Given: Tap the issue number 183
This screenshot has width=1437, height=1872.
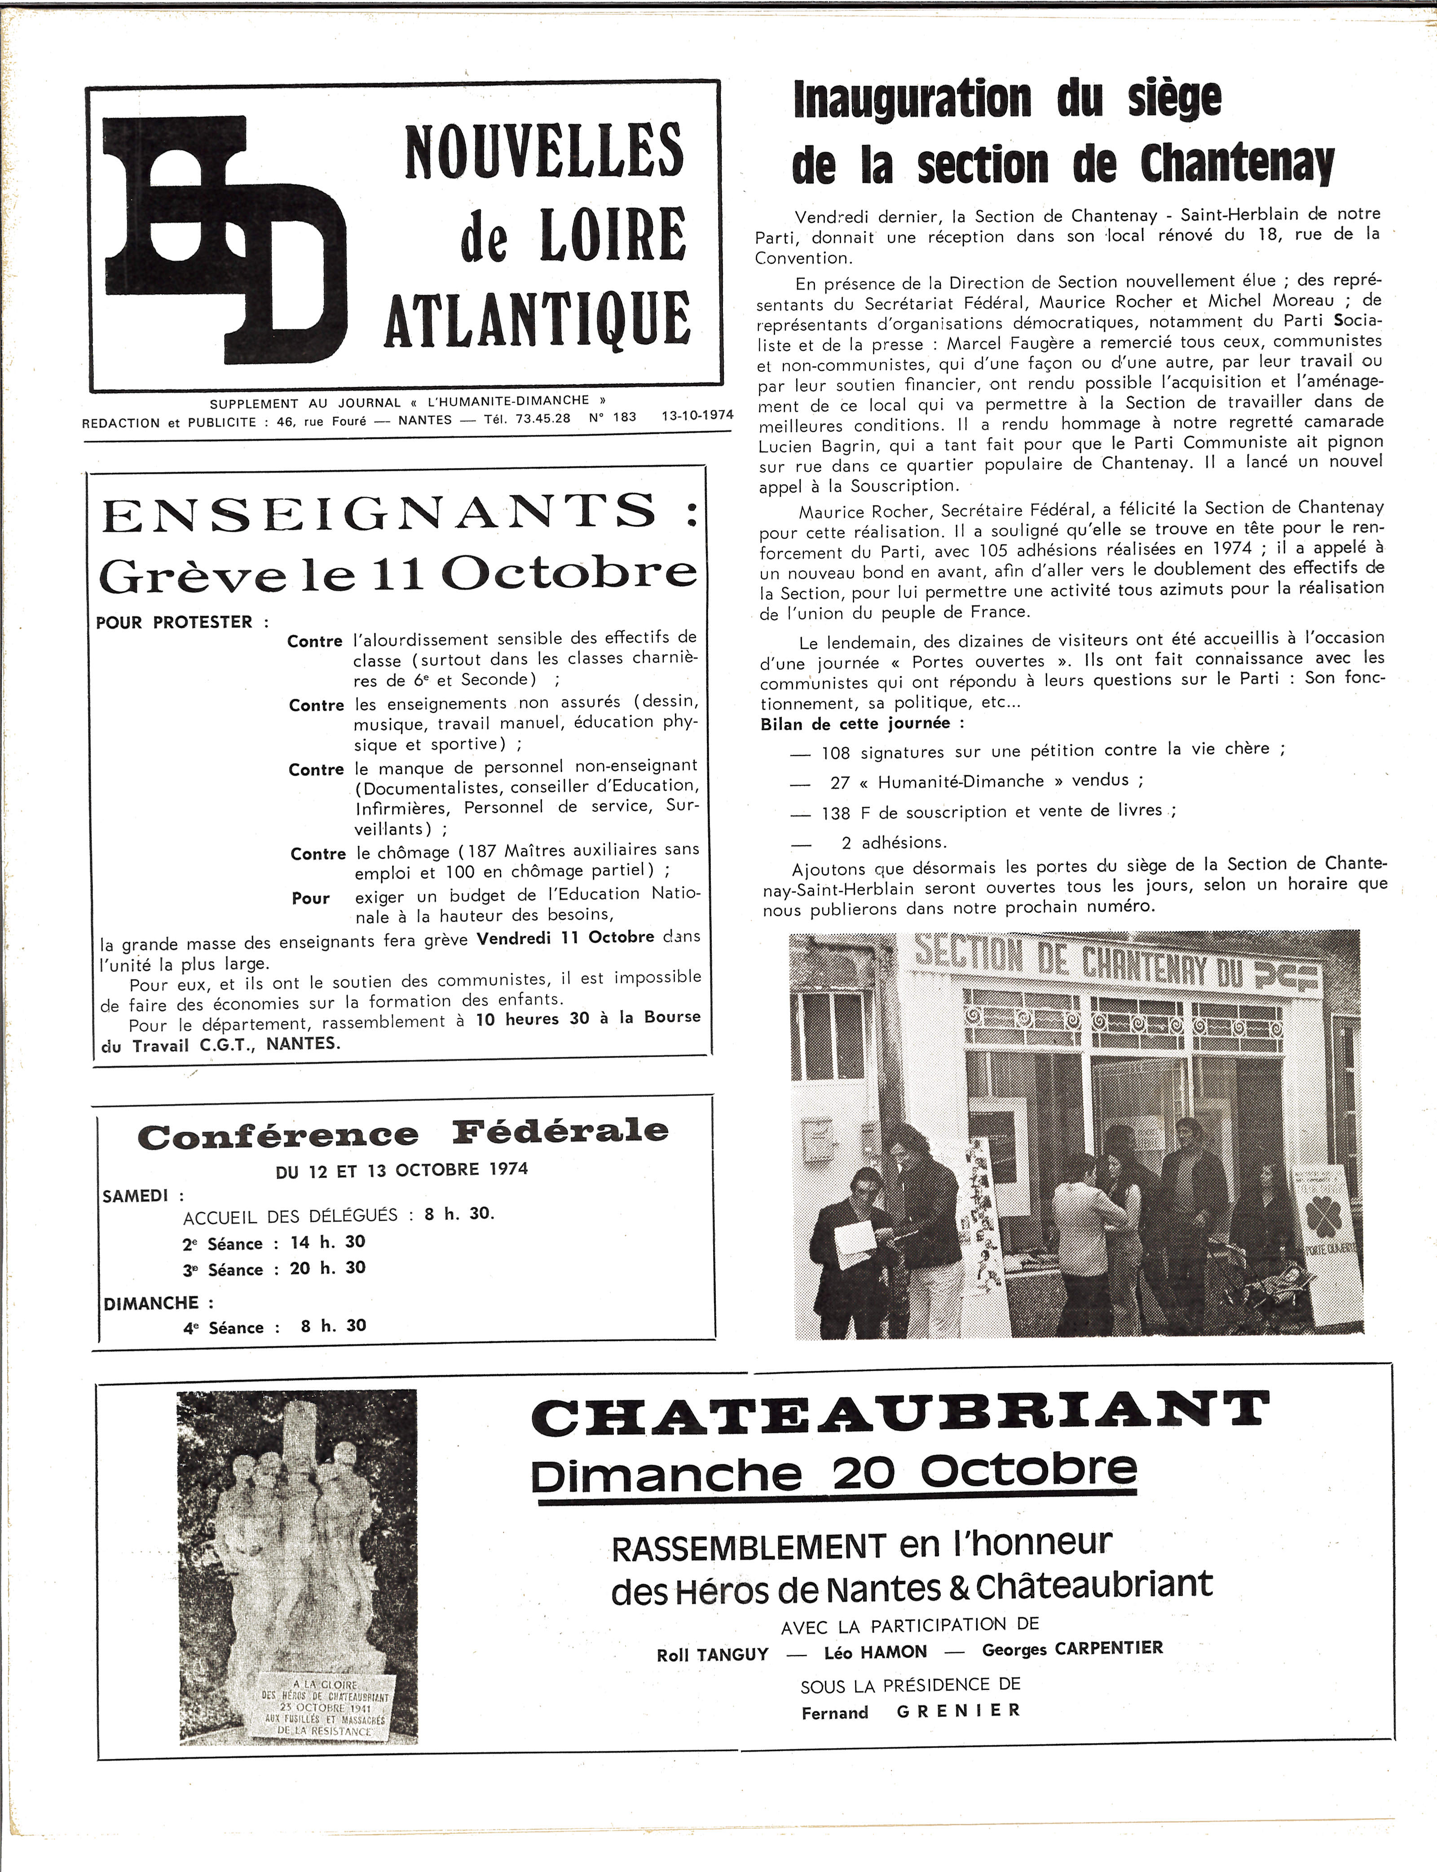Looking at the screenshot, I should (624, 417).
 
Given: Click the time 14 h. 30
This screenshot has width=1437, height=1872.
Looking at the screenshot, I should (328, 1241).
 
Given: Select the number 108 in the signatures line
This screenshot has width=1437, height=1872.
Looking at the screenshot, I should (836, 753).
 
